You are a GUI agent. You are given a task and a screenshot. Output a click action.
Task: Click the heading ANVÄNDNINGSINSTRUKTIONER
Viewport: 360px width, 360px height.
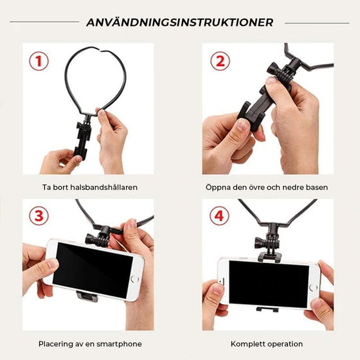pyautogui.click(x=179, y=22)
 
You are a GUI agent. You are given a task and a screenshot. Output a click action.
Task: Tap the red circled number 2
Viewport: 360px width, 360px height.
pyautogui.click(x=219, y=61)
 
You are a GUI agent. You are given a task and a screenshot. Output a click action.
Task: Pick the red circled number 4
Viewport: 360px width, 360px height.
pyautogui.click(x=219, y=216)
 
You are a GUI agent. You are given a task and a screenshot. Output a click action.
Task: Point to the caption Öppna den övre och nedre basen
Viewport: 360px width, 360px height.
pyautogui.click(x=266, y=188)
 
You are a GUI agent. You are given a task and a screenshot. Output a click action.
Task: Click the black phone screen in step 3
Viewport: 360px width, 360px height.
pyautogui.click(x=91, y=271)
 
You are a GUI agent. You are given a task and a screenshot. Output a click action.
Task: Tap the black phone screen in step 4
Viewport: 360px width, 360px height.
pyautogui.click(x=268, y=283)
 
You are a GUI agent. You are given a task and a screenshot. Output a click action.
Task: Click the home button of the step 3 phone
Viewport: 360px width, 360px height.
pyautogui.click(x=134, y=280)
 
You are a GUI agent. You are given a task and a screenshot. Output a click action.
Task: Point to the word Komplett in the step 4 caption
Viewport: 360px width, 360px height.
pyautogui.click(x=249, y=344)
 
